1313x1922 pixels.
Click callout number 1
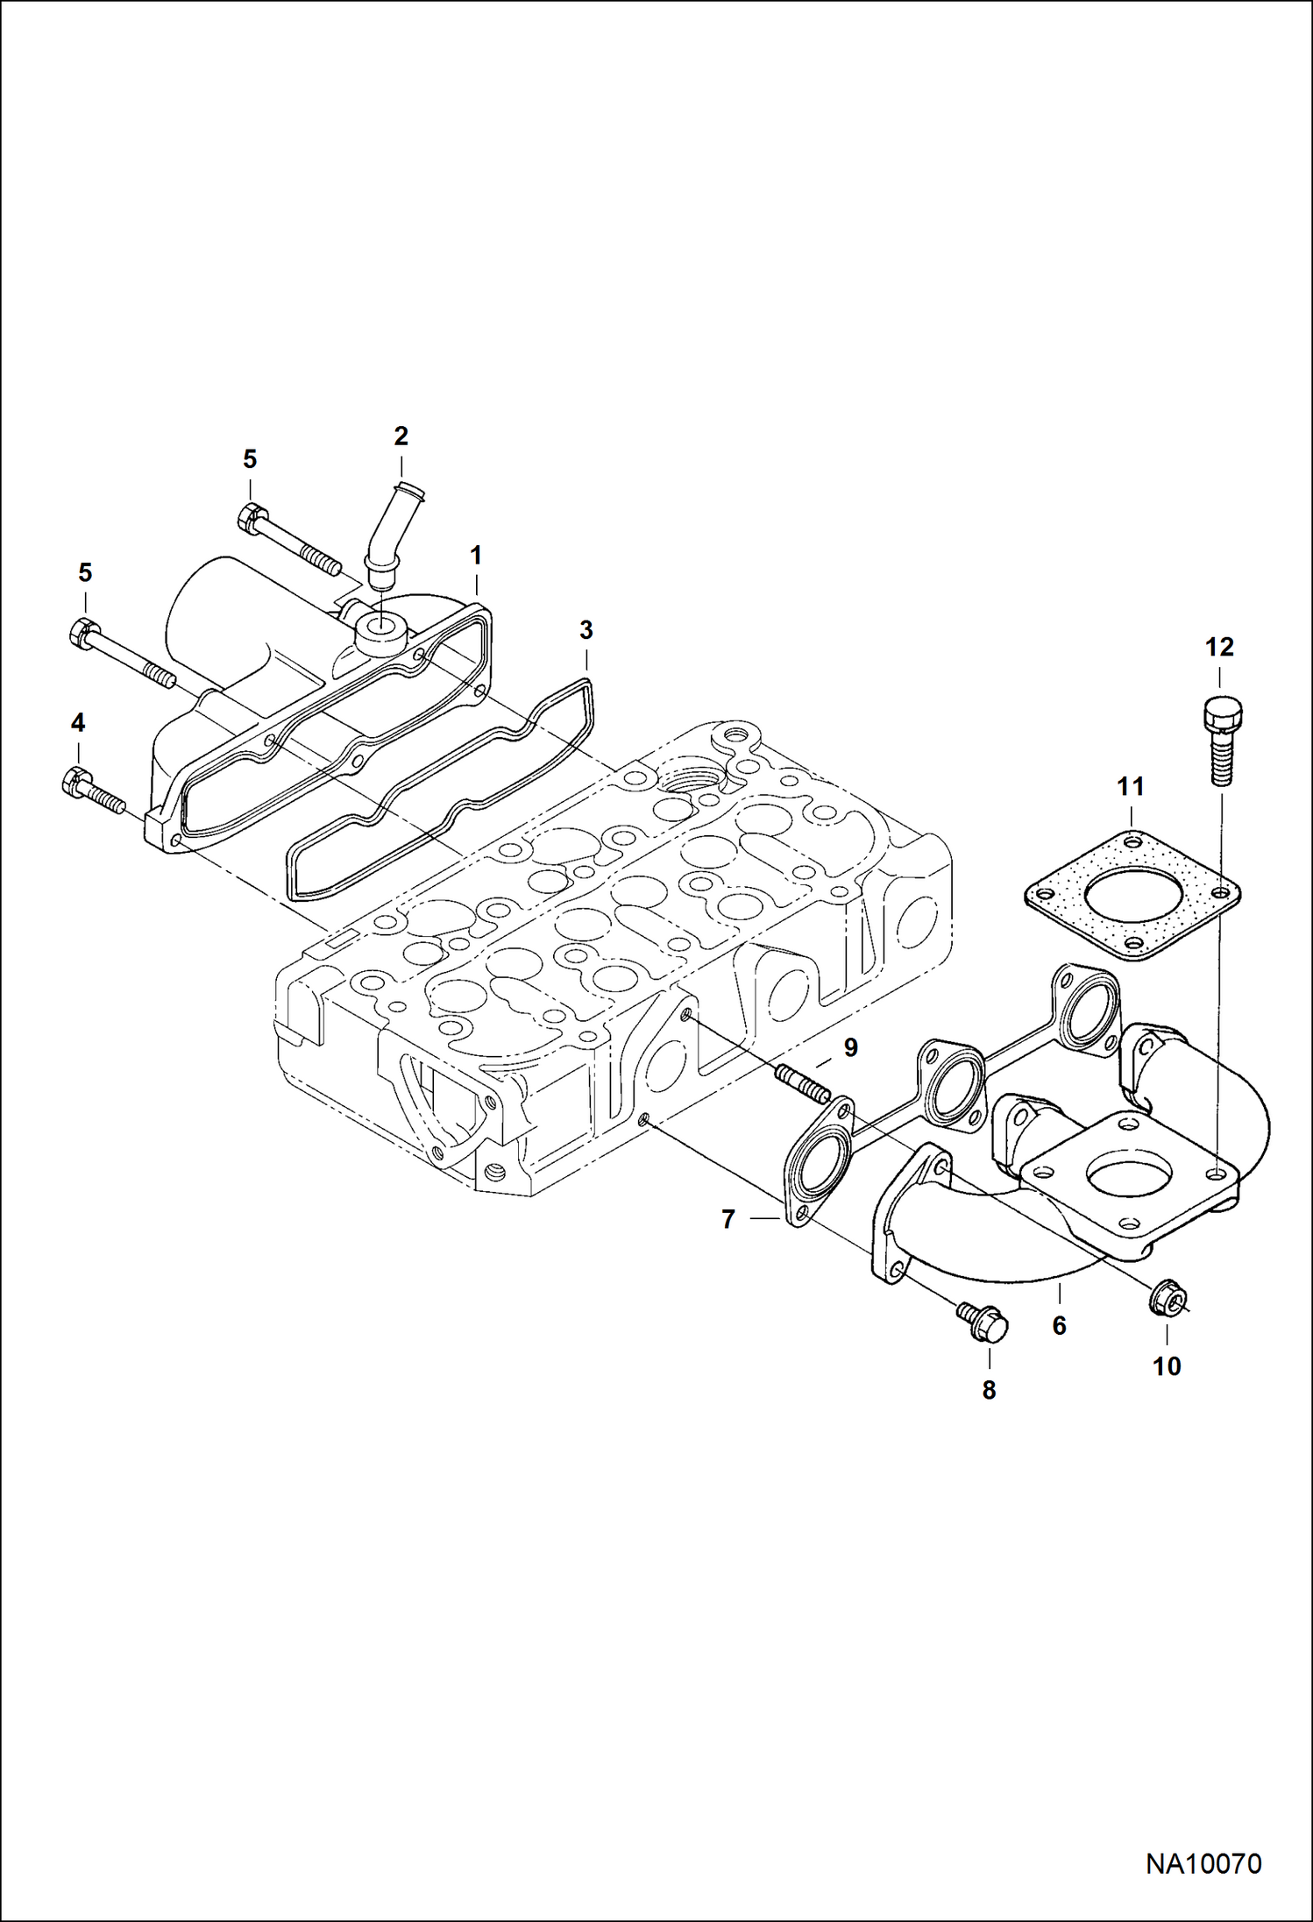(x=476, y=555)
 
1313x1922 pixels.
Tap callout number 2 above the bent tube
(x=401, y=436)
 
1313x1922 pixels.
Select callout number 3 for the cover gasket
(x=586, y=629)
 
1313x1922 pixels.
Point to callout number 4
(x=78, y=723)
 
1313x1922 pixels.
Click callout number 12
(x=1219, y=647)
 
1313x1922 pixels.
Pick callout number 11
(x=1131, y=787)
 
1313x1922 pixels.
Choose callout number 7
(x=727, y=1219)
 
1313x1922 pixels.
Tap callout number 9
(x=850, y=1047)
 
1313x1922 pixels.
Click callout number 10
(x=1167, y=1365)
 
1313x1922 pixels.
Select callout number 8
(x=989, y=1390)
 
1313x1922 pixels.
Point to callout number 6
(x=1059, y=1326)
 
